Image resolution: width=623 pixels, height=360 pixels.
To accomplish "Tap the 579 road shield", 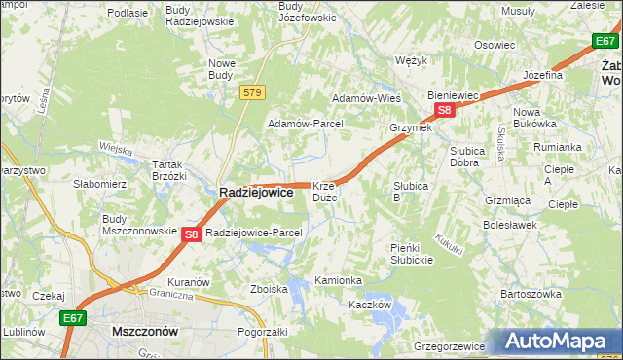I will (x=253, y=91).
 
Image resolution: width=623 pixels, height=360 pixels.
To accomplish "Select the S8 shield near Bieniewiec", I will (x=444, y=111).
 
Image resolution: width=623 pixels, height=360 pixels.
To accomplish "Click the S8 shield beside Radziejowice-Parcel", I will (x=192, y=234).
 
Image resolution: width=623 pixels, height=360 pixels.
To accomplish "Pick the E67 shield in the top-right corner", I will (x=605, y=40).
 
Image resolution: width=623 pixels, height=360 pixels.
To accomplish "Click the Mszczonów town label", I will (x=145, y=331).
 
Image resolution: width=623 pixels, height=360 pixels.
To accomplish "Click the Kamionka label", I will (x=338, y=280).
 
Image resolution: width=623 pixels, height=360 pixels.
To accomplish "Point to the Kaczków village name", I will (x=370, y=305).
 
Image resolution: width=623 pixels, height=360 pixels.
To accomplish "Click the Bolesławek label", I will (x=510, y=225).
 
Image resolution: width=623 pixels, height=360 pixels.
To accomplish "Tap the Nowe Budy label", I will (x=222, y=69).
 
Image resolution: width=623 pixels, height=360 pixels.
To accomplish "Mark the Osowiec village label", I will (x=494, y=45).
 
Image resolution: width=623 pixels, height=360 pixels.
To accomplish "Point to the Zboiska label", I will (x=269, y=289).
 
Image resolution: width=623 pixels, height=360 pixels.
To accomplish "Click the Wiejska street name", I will (x=115, y=148).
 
